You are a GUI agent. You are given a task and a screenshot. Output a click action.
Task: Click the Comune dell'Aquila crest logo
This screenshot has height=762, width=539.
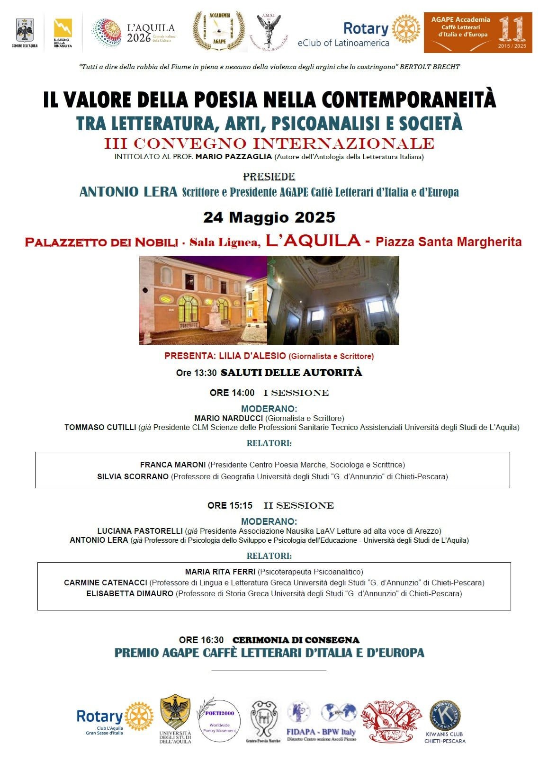click(x=24, y=32)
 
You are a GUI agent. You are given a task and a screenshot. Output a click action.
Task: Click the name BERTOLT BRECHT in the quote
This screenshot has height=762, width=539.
click(x=430, y=67)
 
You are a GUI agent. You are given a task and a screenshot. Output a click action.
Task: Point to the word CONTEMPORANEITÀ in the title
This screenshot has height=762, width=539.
click(x=408, y=99)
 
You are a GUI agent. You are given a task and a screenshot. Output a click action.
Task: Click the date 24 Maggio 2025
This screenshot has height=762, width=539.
click(x=269, y=217)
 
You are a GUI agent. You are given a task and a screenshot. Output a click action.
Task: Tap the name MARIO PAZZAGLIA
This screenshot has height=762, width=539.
click(x=234, y=157)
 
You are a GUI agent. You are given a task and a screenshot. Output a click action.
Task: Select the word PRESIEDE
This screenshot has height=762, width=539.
click(x=269, y=177)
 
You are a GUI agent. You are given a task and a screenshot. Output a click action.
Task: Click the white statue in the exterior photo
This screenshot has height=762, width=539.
click(x=215, y=315)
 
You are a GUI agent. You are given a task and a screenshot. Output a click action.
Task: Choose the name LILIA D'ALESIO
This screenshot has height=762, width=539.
click(x=252, y=356)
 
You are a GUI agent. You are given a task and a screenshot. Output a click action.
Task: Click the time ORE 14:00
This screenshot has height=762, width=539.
click(x=232, y=393)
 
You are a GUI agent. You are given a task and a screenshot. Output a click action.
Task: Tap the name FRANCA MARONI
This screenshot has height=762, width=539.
click(x=173, y=465)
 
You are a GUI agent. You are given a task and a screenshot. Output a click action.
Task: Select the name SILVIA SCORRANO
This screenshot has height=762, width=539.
click(x=133, y=476)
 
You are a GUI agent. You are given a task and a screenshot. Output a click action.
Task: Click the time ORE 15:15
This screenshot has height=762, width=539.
click(x=230, y=505)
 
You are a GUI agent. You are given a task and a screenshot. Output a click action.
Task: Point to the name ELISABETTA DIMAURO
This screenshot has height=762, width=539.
click(x=130, y=593)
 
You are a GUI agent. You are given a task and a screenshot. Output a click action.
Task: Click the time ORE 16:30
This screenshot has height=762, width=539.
click(x=201, y=640)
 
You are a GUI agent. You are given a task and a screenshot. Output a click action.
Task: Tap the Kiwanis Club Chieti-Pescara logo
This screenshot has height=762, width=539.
click(x=445, y=721)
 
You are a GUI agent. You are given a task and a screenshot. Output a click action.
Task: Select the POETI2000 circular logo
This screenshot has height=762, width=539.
click(x=219, y=720)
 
